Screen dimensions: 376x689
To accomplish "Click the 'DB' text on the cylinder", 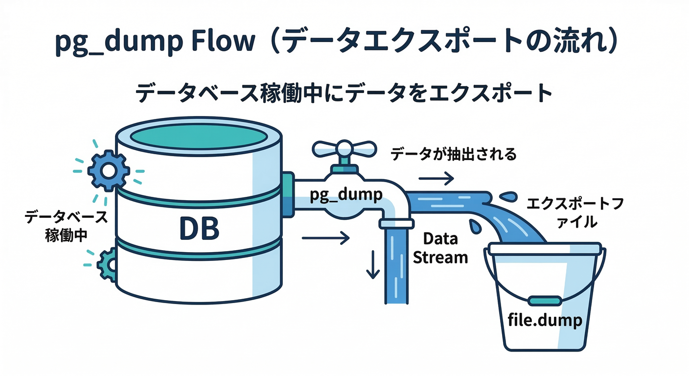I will click(x=199, y=228).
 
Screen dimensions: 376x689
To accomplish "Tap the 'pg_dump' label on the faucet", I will click(x=346, y=194).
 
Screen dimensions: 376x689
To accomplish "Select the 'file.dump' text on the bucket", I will click(x=545, y=321).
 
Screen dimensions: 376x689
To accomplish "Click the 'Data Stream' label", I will click(x=440, y=248).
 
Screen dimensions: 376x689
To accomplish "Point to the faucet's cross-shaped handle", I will click(x=345, y=149).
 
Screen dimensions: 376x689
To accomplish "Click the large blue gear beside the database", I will click(x=108, y=170).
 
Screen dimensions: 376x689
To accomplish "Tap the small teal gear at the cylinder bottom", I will click(x=109, y=265).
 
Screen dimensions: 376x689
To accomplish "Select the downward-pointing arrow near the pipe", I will click(x=373, y=265).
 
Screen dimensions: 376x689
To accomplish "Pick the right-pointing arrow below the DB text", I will click(x=326, y=238).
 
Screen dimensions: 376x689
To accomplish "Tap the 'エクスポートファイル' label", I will click(x=574, y=212).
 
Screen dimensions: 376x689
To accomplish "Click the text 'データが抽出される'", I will click(x=453, y=155).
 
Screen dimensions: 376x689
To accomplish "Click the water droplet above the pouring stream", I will click(x=509, y=196).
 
